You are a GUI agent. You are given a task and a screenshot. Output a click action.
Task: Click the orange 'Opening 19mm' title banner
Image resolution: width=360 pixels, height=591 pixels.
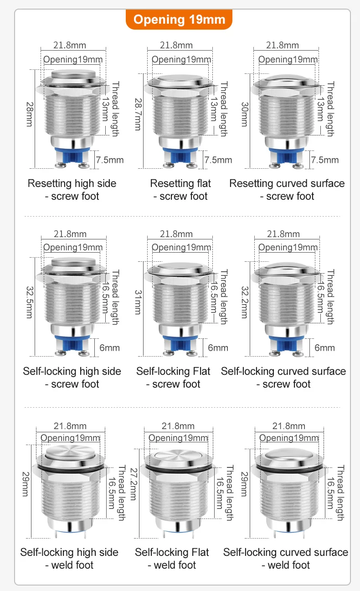click(179, 20)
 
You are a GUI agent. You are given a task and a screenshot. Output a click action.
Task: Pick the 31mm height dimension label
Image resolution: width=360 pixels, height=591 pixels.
click(137, 302)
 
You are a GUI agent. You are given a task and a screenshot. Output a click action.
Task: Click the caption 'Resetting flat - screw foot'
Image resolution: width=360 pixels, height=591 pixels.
click(180, 190)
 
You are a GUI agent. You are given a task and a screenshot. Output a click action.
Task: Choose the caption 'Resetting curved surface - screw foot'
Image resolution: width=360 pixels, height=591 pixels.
click(287, 190)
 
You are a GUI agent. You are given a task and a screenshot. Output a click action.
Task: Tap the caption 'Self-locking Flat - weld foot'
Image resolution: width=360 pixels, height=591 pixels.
click(172, 559)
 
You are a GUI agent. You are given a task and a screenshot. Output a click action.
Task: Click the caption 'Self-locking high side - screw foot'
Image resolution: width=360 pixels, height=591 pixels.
click(72, 378)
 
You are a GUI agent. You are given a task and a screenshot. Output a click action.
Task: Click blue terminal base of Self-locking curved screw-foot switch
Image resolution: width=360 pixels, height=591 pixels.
click(288, 343)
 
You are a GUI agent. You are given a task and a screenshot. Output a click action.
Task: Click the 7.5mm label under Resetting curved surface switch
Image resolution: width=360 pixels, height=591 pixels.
click(325, 160)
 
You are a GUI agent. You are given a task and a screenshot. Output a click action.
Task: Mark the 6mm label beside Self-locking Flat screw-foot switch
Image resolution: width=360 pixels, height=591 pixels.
click(218, 347)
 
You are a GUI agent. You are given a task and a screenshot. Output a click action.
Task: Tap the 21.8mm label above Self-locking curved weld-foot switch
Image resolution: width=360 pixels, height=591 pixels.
click(288, 426)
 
